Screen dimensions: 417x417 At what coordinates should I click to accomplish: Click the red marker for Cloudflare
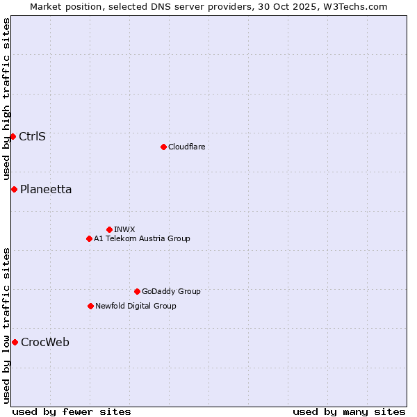163,147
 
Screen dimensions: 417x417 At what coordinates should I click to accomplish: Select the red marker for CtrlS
13,136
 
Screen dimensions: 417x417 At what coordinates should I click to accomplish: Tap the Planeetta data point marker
14,189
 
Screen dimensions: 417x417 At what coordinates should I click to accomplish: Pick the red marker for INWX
109,229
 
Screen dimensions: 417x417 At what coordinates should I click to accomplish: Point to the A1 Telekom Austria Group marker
89,238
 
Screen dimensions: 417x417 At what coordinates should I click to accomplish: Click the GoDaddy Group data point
137,291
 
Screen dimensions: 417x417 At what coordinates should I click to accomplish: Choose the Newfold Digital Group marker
90,306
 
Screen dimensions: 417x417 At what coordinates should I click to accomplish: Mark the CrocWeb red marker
15,342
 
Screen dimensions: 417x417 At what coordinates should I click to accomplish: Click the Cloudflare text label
186,147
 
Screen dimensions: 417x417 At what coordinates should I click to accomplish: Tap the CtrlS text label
32,136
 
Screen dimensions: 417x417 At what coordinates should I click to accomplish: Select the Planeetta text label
46,189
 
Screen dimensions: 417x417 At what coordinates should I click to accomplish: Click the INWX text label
124,229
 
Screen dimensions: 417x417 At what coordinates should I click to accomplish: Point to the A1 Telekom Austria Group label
142,238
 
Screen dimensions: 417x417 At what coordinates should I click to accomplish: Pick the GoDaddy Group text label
171,291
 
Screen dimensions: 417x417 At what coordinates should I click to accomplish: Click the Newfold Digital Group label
136,306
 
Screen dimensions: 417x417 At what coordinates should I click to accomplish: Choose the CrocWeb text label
45,342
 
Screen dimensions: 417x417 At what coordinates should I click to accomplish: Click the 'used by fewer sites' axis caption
72,411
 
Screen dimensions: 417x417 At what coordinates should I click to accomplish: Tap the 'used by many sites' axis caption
349,411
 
